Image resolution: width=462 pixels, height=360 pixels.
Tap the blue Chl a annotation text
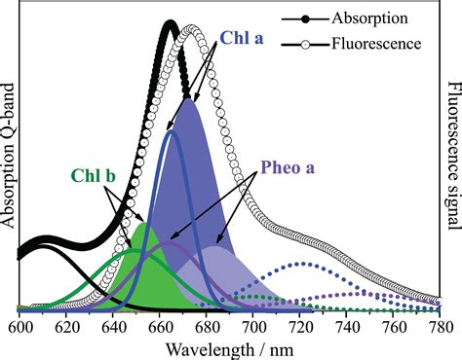click(241, 38)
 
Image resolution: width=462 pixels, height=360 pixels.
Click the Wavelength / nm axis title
click(228, 348)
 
